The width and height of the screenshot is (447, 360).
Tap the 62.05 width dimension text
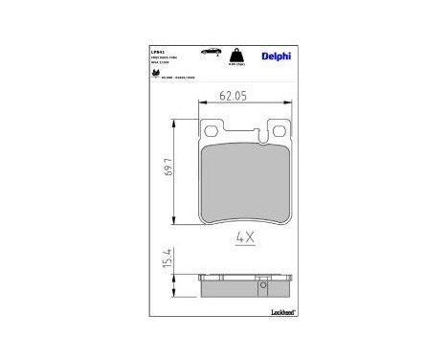[235, 95]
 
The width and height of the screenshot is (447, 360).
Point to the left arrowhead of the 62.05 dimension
[200, 104]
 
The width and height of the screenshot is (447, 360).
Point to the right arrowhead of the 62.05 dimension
[286, 104]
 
